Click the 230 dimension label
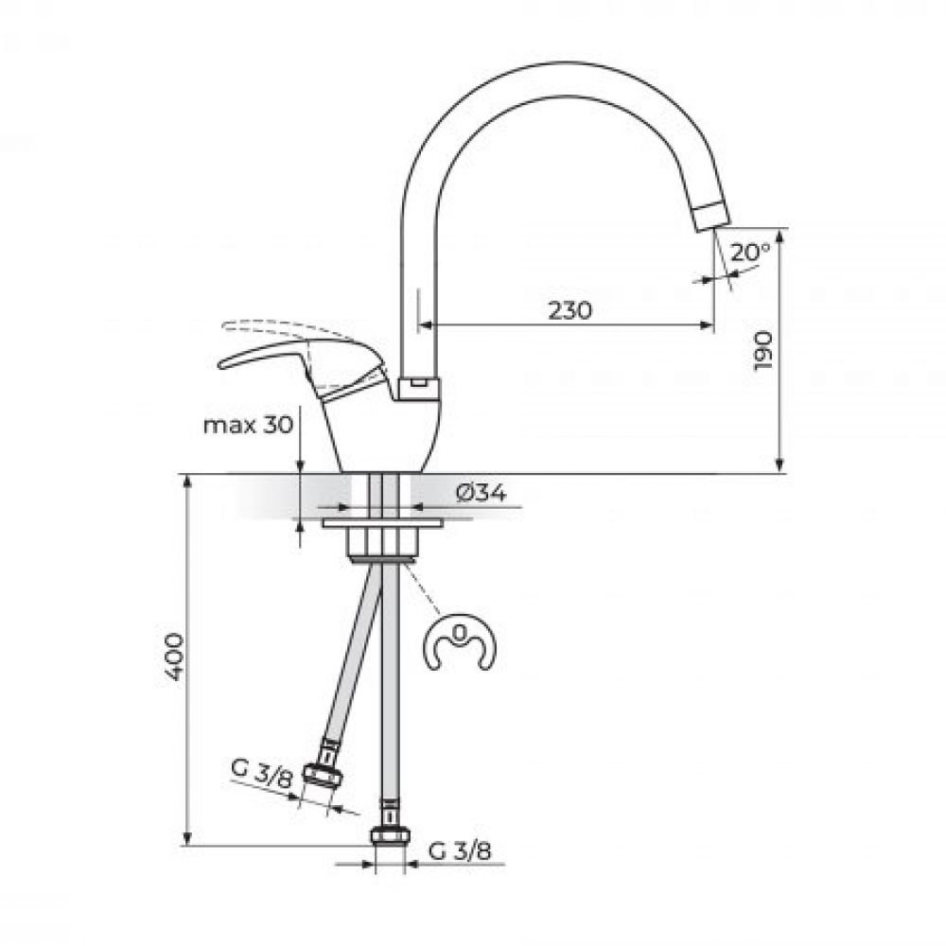570,310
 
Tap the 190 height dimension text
763,351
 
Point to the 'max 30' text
248,425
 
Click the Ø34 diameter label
481,492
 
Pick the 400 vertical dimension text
174,657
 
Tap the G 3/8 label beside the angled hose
261,774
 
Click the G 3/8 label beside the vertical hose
460,851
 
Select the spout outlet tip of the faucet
712,218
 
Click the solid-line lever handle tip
221,364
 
